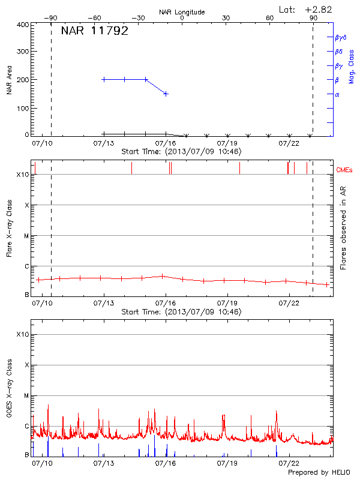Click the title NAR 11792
coord(95,31)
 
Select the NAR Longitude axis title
coord(182,12)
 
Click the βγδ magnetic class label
coord(341,37)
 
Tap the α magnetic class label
coord(337,94)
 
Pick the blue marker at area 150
coord(166,94)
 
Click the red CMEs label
coord(344,170)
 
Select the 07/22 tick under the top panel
coord(289,143)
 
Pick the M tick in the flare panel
coord(26,236)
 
